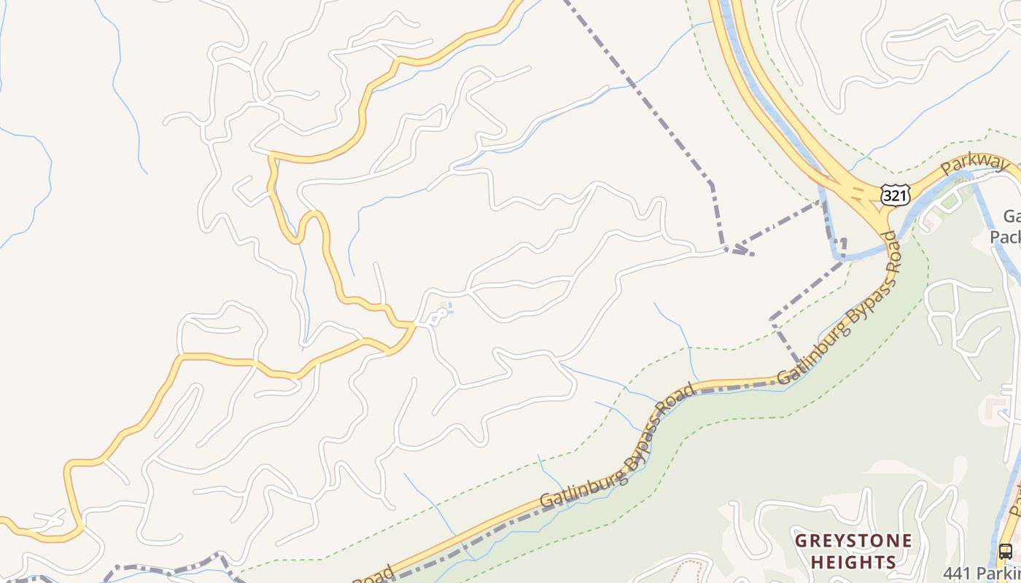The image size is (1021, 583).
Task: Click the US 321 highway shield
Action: [895, 195]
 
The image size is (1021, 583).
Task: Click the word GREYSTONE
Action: [853, 541]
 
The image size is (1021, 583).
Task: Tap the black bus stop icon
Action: [1005, 551]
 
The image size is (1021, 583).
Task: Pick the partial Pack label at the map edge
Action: [1006, 237]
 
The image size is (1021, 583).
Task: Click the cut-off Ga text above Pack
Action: [1012, 216]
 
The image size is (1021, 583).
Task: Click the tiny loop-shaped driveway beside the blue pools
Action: [437, 317]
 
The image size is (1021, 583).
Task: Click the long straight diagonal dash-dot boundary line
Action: [634, 87]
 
